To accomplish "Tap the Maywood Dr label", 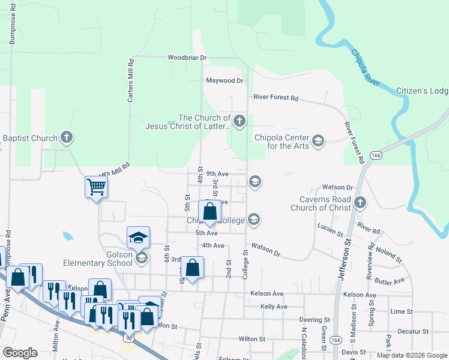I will (224, 80).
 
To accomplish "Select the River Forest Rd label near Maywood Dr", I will (276, 97).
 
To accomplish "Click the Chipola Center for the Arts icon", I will (318, 141).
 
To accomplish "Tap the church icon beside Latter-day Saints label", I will (239, 122).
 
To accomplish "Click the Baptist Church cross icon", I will (67, 138).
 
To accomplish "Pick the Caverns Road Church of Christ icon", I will (360, 203).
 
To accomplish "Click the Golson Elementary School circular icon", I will (142, 258).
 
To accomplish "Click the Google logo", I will (20, 353).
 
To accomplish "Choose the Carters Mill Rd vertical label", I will (130, 81).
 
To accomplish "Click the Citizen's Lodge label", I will (422, 91).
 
